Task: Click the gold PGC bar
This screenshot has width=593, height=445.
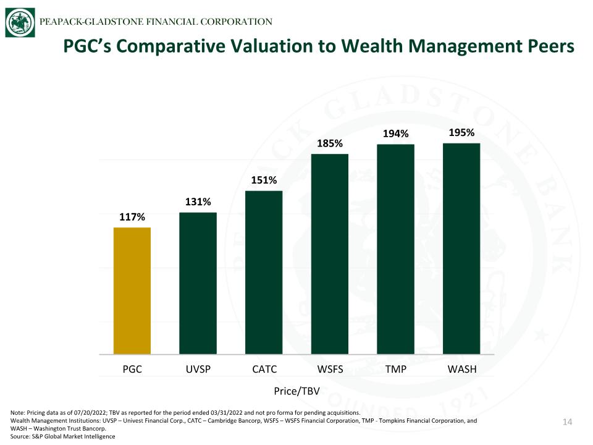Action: (x=132, y=290)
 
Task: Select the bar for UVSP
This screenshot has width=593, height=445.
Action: (x=198, y=284)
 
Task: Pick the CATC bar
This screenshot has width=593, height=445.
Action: (x=264, y=273)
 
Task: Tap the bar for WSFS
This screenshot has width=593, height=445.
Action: (x=330, y=254)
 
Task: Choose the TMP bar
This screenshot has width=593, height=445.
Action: (x=395, y=249)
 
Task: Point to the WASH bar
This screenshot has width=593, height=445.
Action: (x=461, y=248)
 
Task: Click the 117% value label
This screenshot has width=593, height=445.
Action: (x=132, y=217)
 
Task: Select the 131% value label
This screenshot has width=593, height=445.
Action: (x=198, y=201)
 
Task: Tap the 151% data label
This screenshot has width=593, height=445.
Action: (x=264, y=180)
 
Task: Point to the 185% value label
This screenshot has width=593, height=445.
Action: (x=330, y=143)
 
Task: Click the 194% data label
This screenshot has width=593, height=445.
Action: (x=395, y=133)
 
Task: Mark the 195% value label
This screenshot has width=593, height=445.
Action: (x=461, y=132)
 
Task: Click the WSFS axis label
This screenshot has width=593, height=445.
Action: (x=330, y=369)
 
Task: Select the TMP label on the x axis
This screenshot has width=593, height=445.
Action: (x=395, y=369)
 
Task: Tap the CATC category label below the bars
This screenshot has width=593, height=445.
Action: (x=264, y=369)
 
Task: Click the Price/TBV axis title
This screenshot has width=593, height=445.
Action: (x=297, y=391)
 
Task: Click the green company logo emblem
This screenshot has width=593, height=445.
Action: (x=20, y=23)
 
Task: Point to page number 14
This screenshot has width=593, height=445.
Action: (x=567, y=422)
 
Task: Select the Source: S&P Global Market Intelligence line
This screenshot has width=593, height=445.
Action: (x=63, y=436)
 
